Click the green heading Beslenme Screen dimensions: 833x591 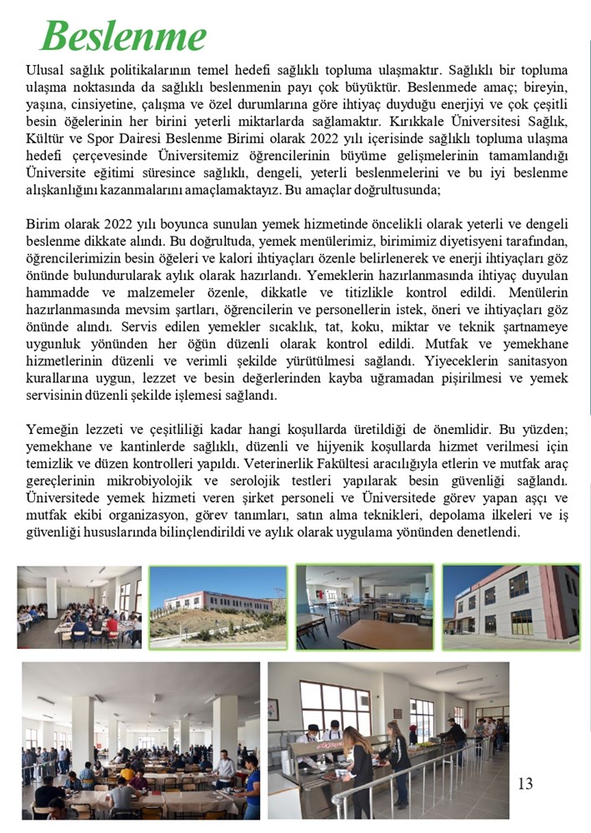(123, 36)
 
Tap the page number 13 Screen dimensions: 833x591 (525, 783)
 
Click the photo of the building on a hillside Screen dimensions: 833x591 (218, 606)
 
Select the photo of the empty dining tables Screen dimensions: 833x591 (364, 606)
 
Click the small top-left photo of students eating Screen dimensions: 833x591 (79, 606)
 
